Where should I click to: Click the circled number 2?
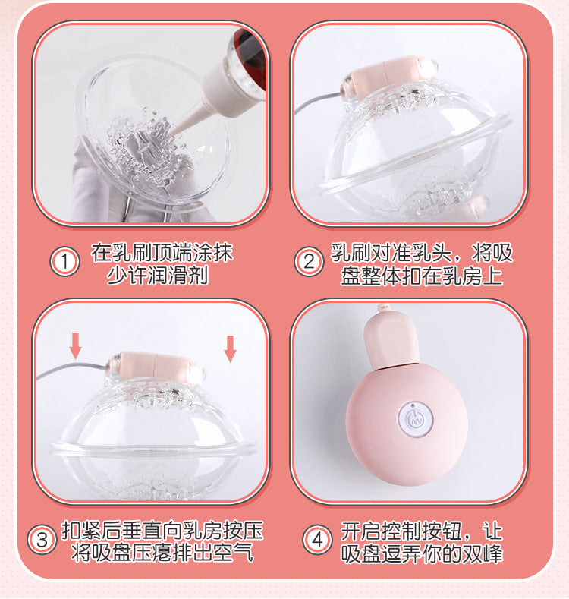point(309,263)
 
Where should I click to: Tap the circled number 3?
point(42,541)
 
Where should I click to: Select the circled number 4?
point(318,541)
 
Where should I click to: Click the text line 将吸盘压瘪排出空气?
point(162,553)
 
